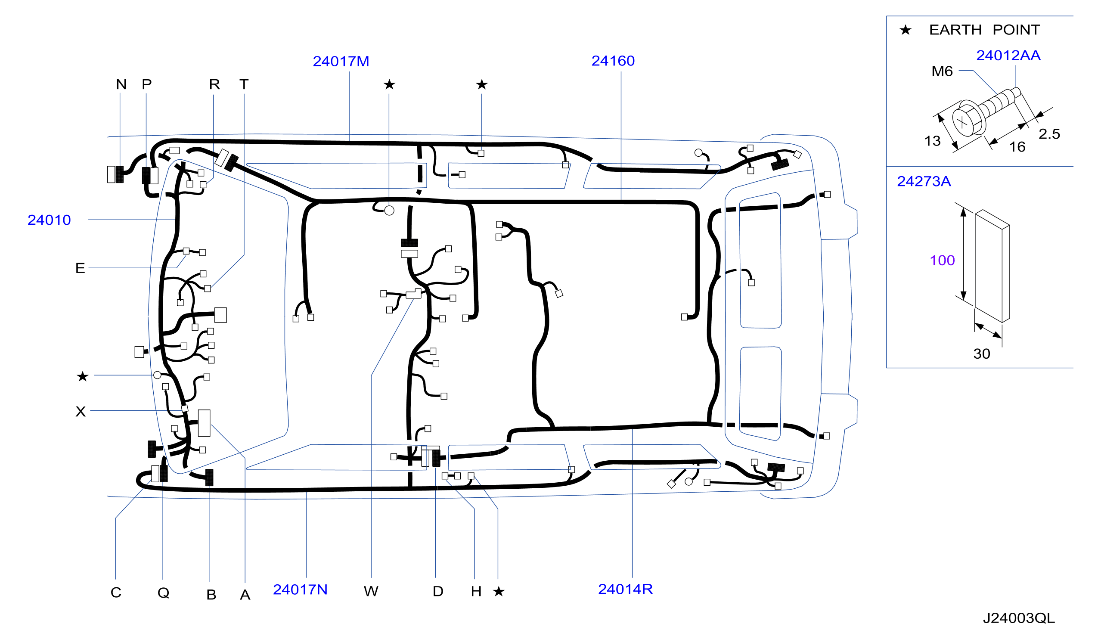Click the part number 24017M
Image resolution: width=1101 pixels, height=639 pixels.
[x=341, y=61]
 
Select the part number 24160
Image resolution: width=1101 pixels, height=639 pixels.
[x=613, y=61]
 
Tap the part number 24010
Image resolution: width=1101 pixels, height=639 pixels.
[x=49, y=220]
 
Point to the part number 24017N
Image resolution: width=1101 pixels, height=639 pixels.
[x=300, y=589]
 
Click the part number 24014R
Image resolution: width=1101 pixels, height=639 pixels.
[x=625, y=589]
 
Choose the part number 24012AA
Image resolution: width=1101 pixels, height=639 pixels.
[x=1008, y=56]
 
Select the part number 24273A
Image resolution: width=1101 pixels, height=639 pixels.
[x=924, y=181]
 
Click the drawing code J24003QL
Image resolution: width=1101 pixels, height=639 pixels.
[x=1019, y=618]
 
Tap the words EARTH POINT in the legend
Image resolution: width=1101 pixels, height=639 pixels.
[x=984, y=30]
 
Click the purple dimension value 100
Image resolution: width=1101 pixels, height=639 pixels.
[x=943, y=261]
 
